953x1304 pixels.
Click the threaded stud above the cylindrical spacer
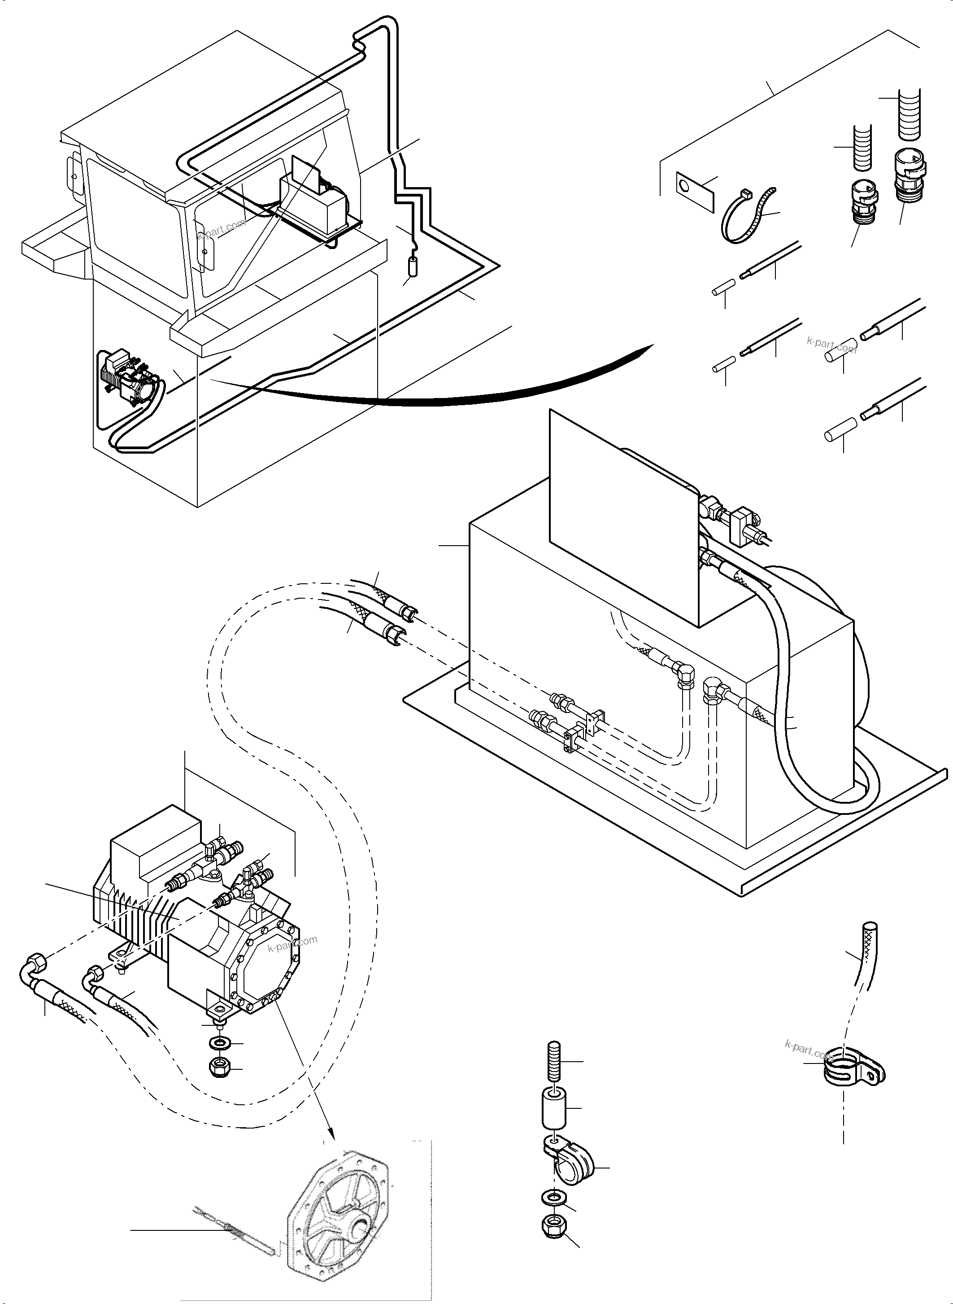(553, 1061)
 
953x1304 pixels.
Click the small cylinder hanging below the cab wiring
(413, 268)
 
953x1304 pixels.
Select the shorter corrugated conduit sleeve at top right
(861, 149)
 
